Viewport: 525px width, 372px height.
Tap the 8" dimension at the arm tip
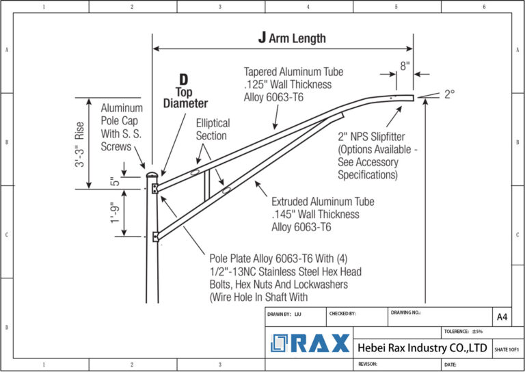coord(405,66)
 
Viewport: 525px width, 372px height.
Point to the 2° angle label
coord(449,95)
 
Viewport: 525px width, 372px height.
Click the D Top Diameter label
coord(184,92)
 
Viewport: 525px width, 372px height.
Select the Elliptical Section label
coord(213,129)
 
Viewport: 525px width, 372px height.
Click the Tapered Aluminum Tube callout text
coord(293,84)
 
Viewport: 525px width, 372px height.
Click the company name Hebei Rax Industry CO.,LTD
coord(422,348)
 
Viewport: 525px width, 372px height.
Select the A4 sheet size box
coord(502,317)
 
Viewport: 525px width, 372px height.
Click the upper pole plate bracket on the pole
coord(156,187)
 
